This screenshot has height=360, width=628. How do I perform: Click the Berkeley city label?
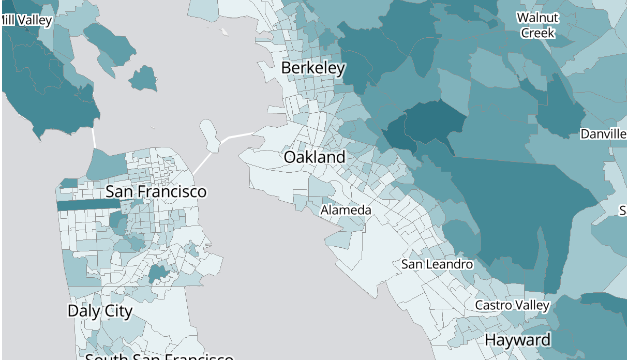(313, 68)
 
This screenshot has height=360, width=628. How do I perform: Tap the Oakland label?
(315, 157)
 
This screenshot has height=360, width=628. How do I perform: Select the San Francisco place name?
(156, 191)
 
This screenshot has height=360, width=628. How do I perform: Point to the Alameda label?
(346, 210)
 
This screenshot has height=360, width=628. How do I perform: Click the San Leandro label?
(437, 264)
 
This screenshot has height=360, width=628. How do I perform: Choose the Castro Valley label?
(512, 305)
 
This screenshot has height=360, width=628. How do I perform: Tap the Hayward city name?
(517, 340)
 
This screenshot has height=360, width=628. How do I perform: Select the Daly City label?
(100, 310)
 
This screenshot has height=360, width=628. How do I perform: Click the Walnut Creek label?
(538, 25)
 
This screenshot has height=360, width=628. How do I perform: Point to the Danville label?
(603, 134)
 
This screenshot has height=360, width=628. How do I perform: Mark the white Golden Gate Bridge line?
(94, 138)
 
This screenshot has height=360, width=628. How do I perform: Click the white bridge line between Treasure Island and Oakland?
(241, 136)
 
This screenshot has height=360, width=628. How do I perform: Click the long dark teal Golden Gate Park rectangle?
(88, 205)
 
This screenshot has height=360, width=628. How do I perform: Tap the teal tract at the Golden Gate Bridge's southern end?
(107, 165)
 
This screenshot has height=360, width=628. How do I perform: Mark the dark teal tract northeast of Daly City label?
(159, 274)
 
